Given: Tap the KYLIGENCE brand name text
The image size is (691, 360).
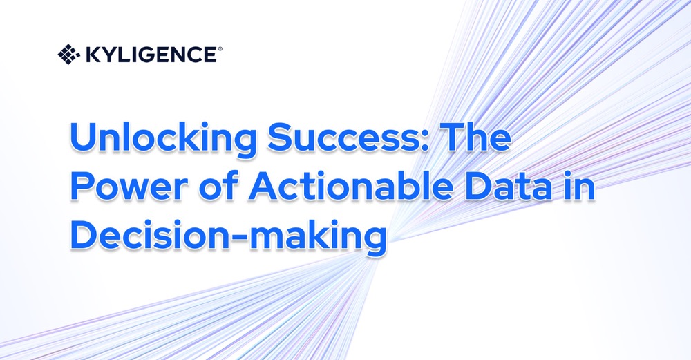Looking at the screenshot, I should (151, 54).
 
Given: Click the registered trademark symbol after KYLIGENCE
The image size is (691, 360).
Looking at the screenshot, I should (220, 49).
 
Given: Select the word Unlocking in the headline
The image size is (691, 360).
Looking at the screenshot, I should (160, 140).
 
